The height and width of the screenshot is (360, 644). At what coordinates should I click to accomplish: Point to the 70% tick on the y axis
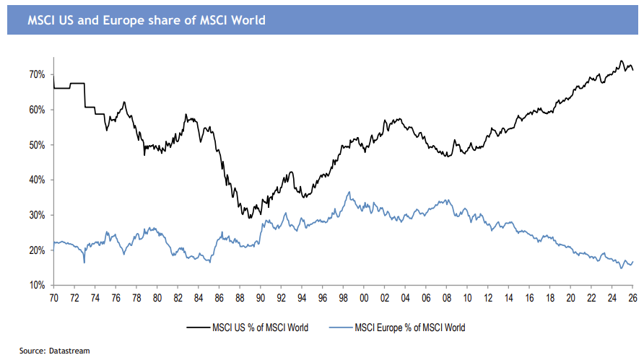coord(38,75)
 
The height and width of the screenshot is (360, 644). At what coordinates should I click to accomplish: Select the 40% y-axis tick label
coord(38,180)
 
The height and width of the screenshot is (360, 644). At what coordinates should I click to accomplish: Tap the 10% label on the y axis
coord(38,286)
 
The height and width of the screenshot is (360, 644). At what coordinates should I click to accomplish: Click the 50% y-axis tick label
coord(38,145)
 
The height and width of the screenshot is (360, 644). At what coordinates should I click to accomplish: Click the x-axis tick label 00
coord(364,297)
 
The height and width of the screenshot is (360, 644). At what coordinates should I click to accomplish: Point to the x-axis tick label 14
coord(509,297)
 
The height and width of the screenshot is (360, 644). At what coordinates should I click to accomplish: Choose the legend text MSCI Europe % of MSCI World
coord(410,328)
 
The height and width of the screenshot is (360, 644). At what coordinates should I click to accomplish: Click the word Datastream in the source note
coord(71,351)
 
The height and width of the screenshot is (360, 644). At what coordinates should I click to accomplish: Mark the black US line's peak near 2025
coord(621,61)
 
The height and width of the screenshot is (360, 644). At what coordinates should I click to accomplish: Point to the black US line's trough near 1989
coord(250,217)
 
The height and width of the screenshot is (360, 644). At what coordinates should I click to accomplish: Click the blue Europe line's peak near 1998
coord(349,192)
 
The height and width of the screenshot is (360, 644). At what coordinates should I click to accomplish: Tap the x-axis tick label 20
coord(571,297)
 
